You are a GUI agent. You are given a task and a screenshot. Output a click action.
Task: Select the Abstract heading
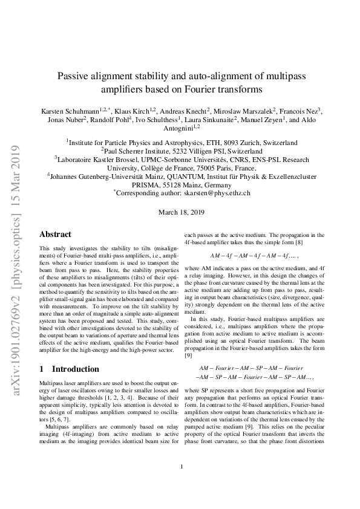[x=55, y=235]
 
